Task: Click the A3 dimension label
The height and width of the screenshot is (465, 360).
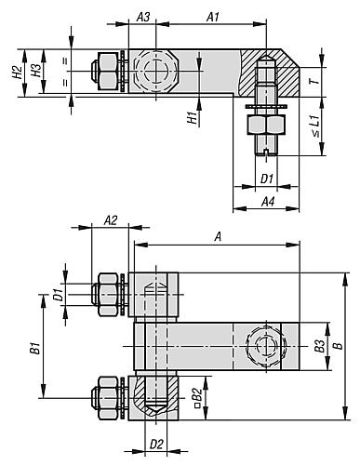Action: click(x=143, y=18)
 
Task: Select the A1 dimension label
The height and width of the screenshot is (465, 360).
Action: click(x=213, y=18)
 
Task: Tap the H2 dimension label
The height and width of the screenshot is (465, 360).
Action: click(x=17, y=72)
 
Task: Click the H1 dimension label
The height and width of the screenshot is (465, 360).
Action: click(x=193, y=118)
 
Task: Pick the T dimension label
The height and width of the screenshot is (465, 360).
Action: click(x=314, y=81)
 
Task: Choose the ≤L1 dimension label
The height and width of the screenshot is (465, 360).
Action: click(x=314, y=126)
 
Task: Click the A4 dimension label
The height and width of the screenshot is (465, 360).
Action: click(x=268, y=202)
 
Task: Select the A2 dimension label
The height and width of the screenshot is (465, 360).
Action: click(x=111, y=220)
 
